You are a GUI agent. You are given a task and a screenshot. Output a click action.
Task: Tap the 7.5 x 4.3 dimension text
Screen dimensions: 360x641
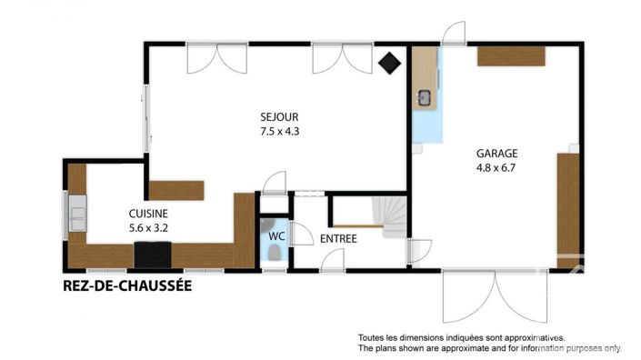pyautogui.click(x=280, y=131)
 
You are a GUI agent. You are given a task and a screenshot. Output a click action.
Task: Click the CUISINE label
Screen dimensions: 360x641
pyautogui.click(x=147, y=214)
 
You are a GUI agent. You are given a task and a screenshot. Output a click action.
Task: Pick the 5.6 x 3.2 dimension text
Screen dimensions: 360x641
pyautogui.click(x=147, y=228)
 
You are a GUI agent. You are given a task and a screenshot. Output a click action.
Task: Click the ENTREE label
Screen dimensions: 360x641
pyautogui.click(x=337, y=239)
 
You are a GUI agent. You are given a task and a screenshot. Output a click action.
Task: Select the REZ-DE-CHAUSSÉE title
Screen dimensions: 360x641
pyautogui.click(x=126, y=286)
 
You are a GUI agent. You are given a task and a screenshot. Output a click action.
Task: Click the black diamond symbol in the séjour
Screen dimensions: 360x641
pyautogui.click(x=390, y=64)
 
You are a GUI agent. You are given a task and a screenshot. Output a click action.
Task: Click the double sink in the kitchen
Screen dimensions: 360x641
pyautogui.click(x=77, y=216)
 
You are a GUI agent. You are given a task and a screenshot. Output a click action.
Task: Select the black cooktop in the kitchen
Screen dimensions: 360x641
pyautogui.click(x=152, y=256)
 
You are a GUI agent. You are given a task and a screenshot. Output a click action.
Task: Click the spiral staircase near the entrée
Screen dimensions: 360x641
pyautogui.click(x=395, y=219)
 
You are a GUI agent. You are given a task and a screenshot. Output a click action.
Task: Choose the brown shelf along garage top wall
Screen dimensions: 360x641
pyautogui.click(x=512, y=56)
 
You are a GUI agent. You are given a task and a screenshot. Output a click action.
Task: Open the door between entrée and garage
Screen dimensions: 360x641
pyautogui.click(x=417, y=252)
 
